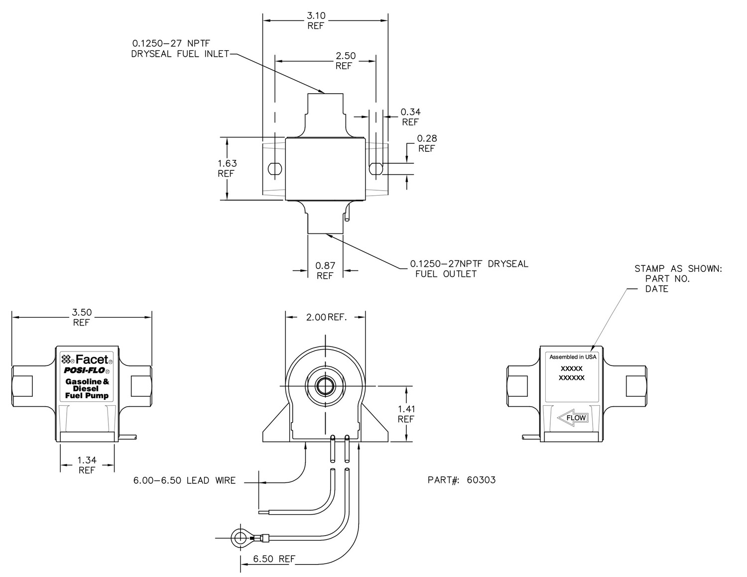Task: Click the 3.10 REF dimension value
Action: [x=316, y=20]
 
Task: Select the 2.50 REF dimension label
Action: [x=345, y=60]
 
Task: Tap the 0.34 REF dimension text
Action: [x=410, y=117]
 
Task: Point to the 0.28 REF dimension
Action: [x=427, y=143]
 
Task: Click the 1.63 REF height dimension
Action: [x=227, y=168]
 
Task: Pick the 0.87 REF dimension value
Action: [x=325, y=271]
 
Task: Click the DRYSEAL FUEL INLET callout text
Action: [x=180, y=54]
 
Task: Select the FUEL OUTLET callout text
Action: [x=446, y=274]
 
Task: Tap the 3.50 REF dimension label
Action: [x=82, y=317]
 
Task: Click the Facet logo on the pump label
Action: [x=87, y=359]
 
